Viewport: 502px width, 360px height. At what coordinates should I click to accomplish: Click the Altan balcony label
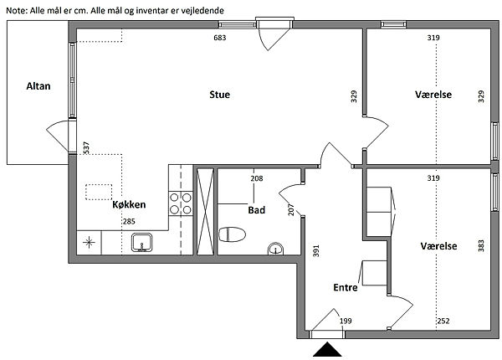point(38,86)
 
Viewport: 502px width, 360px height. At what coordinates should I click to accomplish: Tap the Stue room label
point(219,95)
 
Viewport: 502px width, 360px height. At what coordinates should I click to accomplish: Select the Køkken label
point(129,204)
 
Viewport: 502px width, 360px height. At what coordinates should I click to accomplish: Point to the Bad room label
point(257,210)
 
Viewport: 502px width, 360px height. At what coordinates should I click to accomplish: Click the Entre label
point(346,287)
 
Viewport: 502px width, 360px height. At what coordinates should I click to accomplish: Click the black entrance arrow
point(327,349)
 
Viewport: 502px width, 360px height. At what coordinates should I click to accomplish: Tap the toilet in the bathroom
point(232,234)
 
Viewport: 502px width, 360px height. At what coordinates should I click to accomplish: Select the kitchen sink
point(142,243)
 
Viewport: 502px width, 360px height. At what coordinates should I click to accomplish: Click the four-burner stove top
point(181,203)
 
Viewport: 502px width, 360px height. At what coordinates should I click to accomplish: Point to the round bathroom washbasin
point(275,249)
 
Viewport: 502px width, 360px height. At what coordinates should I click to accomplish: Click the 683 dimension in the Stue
point(220,38)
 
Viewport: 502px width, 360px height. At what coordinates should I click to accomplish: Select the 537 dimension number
point(86,147)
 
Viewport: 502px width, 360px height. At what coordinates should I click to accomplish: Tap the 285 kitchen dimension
point(129,221)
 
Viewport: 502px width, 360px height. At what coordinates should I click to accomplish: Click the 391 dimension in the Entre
point(316,251)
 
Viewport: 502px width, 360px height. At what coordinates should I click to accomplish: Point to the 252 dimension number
point(443,321)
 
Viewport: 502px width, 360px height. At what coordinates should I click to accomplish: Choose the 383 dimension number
point(481,246)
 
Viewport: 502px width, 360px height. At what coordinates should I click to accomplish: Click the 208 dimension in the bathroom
point(257,178)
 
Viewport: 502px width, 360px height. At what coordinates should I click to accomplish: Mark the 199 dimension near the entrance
point(346,321)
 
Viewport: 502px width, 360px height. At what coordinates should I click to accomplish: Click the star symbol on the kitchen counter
point(89,243)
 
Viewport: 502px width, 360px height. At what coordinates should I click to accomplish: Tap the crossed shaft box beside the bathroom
point(205,212)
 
